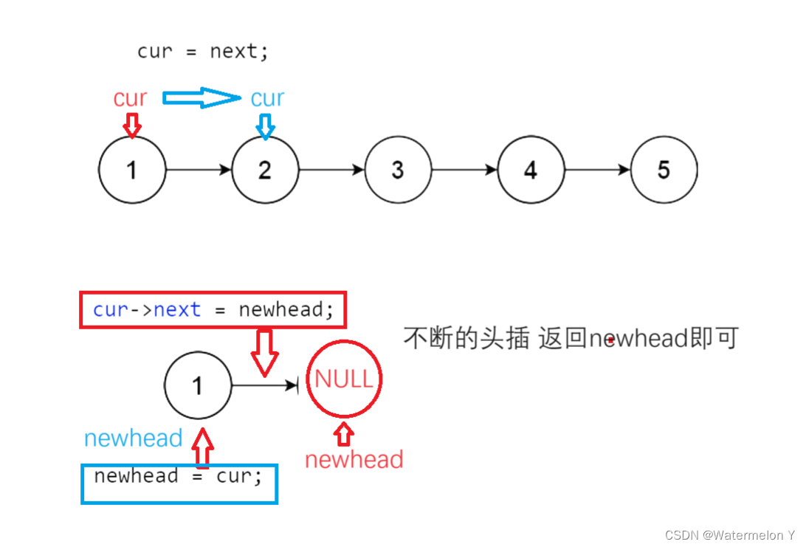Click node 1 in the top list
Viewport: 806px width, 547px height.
tap(131, 170)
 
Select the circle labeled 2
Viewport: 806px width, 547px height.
tap(265, 170)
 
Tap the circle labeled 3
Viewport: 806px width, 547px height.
tap(398, 170)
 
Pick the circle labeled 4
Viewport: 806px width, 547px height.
tap(531, 170)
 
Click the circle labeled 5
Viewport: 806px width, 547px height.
tap(664, 170)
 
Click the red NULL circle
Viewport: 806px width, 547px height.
tap(344, 379)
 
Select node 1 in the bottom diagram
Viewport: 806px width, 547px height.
tap(198, 385)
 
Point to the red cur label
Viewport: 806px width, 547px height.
tap(130, 98)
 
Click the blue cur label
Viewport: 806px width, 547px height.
tap(267, 98)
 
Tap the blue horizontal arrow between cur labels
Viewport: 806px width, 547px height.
tap(201, 97)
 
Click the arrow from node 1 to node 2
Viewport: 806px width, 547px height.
tap(199, 170)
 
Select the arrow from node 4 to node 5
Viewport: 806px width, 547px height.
tap(597, 170)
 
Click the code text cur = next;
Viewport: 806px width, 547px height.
tap(203, 52)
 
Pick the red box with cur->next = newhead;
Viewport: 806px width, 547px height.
tap(213, 309)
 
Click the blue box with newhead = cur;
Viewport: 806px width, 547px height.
tap(179, 484)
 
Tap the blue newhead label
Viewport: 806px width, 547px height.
tap(133, 438)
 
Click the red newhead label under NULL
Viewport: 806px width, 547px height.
tap(354, 460)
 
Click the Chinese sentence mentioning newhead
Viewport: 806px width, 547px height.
tap(570, 338)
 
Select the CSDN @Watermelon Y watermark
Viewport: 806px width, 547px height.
tap(729, 534)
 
